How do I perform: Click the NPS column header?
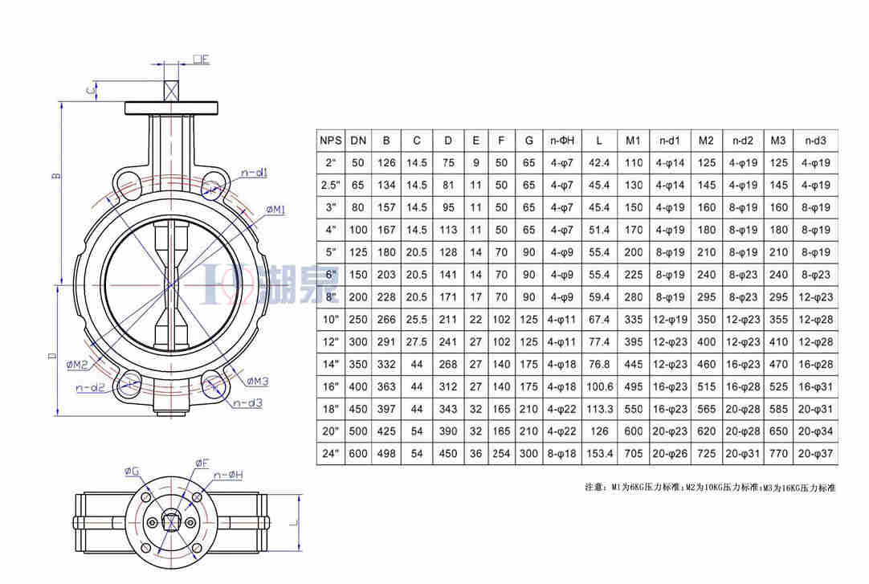pos(330,141)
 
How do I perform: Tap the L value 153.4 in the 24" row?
pos(599,454)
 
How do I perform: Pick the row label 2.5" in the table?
pos(330,186)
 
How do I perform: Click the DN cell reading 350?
pos(358,364)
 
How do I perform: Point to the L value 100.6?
pos(599,386)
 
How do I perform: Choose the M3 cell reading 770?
pos(777,454)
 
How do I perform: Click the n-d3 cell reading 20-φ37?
pos(815,454)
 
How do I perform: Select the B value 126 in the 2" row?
pos(386,163)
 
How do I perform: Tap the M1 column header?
pos(633,141)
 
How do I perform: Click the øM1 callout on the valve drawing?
pos(275,210)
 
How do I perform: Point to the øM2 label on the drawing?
pos(78,366)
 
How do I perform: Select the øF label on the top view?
pos(202,464)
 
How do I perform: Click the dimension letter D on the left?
pos(51,354)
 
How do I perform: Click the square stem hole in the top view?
pos(171,522)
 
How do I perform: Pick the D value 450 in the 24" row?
pos(448,454)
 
